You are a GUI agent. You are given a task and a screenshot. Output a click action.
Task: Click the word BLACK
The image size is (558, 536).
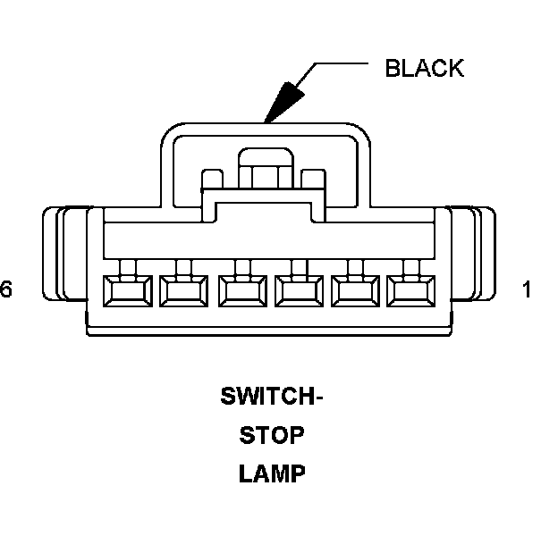click(x=424, y=69)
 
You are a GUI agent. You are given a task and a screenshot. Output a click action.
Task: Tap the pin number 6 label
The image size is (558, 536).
click(x=7, y=289)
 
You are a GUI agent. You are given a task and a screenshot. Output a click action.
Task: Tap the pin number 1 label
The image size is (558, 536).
click(x=528, y=289)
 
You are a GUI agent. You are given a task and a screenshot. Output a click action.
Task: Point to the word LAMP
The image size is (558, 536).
click(x=272, y=473)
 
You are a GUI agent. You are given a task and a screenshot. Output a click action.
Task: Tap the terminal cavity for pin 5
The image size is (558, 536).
click(x=182, y=289)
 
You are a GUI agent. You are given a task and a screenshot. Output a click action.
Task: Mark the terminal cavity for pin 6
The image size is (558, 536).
click(x=126, y=289)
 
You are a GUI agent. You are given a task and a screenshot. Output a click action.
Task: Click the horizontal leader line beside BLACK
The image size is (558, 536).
click(x=340, y=64)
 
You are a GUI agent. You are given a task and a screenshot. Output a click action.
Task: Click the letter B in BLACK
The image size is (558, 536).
click(x=392, y=69)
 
